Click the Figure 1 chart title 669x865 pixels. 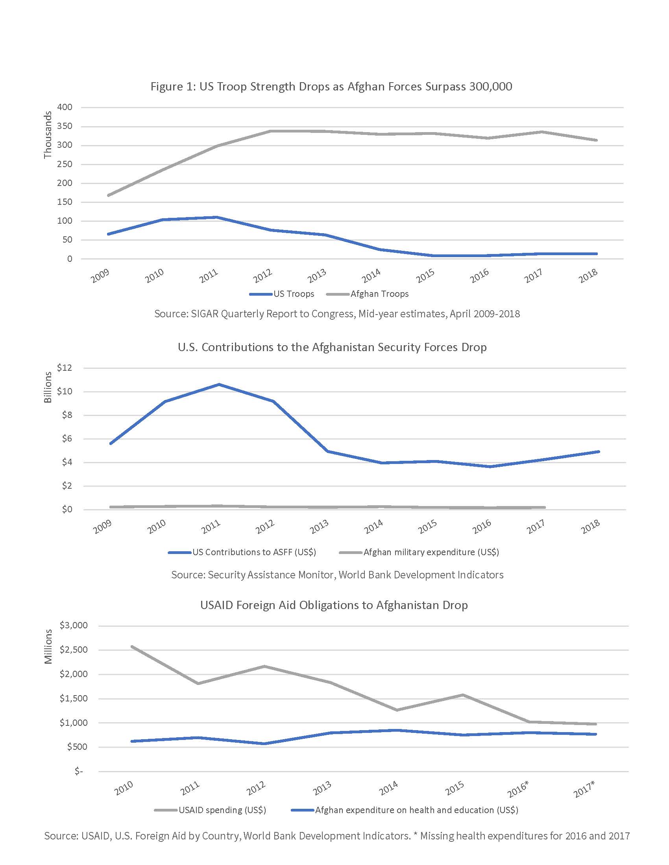[x=331, y=86]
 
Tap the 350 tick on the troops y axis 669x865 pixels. [x=65, y=126]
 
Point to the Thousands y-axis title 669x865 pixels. [x=48, y=134]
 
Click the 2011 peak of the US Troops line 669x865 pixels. [x=216, y=217]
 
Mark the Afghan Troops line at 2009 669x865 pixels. [x=108, y=195]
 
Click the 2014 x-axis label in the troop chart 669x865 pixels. [x=372, y=275]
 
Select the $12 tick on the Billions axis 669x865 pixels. [x=65, y=368]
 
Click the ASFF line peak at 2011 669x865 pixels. [x=219, y=384]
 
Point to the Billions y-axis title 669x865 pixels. [x=48, y=387]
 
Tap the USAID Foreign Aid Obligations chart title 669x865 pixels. [x=334, y=605]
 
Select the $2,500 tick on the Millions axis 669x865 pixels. [x=73, y=650]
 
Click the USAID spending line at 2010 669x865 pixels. [x=131, y=646]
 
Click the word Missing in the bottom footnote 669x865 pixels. [x=436, y=836]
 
